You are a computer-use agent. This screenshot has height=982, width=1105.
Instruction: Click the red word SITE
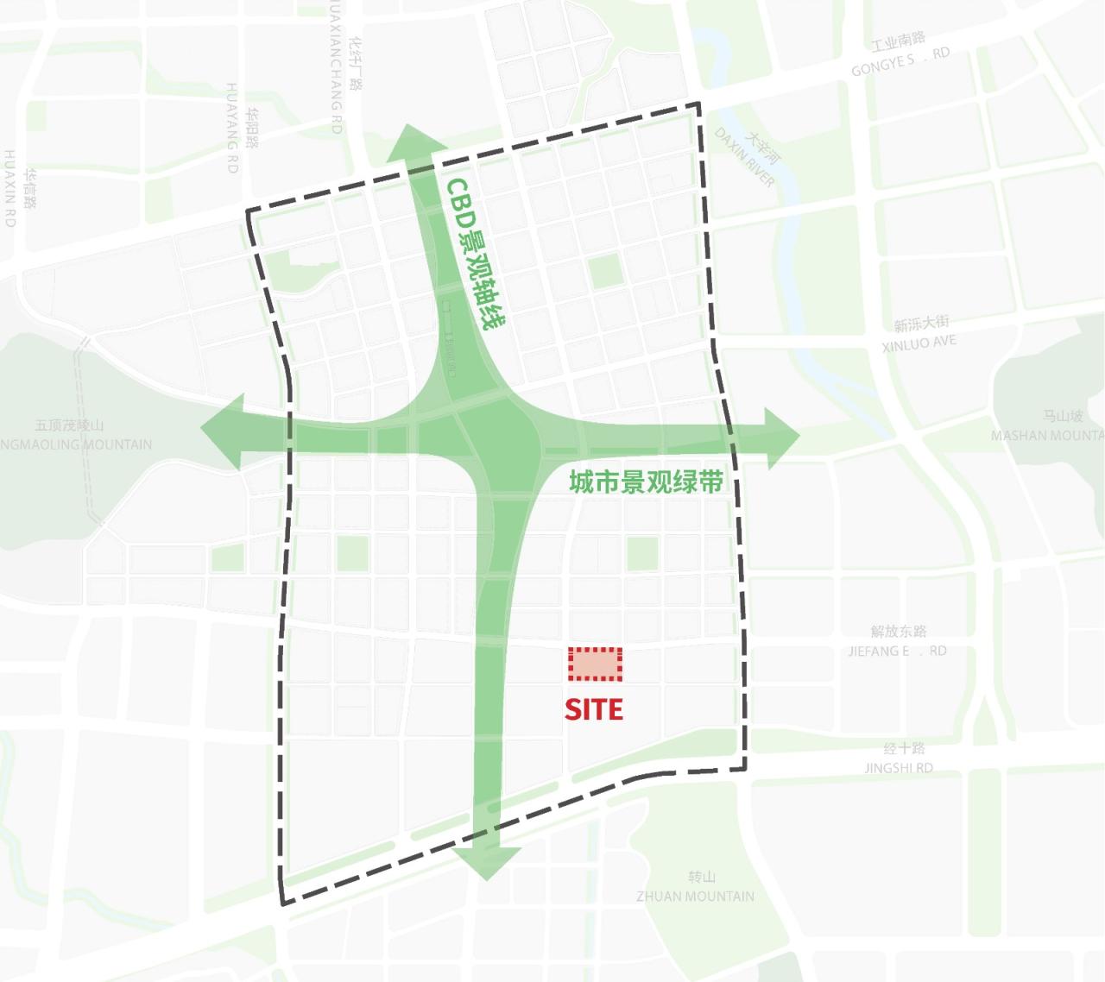tap(594, 709)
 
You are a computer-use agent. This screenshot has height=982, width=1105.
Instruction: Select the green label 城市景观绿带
tap(646, 482)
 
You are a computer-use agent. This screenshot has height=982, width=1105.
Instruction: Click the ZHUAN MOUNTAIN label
tap(695, 897)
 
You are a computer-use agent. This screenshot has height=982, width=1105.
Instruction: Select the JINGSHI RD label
tap(899, 767)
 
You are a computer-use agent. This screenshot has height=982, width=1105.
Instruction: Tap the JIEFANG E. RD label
tap(897, 651)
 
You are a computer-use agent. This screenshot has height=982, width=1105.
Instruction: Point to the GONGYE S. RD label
tap(900, 60)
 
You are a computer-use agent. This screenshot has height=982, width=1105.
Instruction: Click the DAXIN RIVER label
tap(745, 158)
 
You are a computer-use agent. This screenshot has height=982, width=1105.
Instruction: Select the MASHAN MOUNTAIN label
tap(1046, 436)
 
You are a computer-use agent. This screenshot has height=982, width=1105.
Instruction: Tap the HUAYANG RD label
tap(231, 128)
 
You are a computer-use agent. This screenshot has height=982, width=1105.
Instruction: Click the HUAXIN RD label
tap(10, 188)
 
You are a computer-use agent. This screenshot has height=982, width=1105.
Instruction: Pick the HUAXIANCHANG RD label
tap(336, 69)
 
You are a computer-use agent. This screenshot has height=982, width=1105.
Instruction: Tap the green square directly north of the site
tap(642, 553)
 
